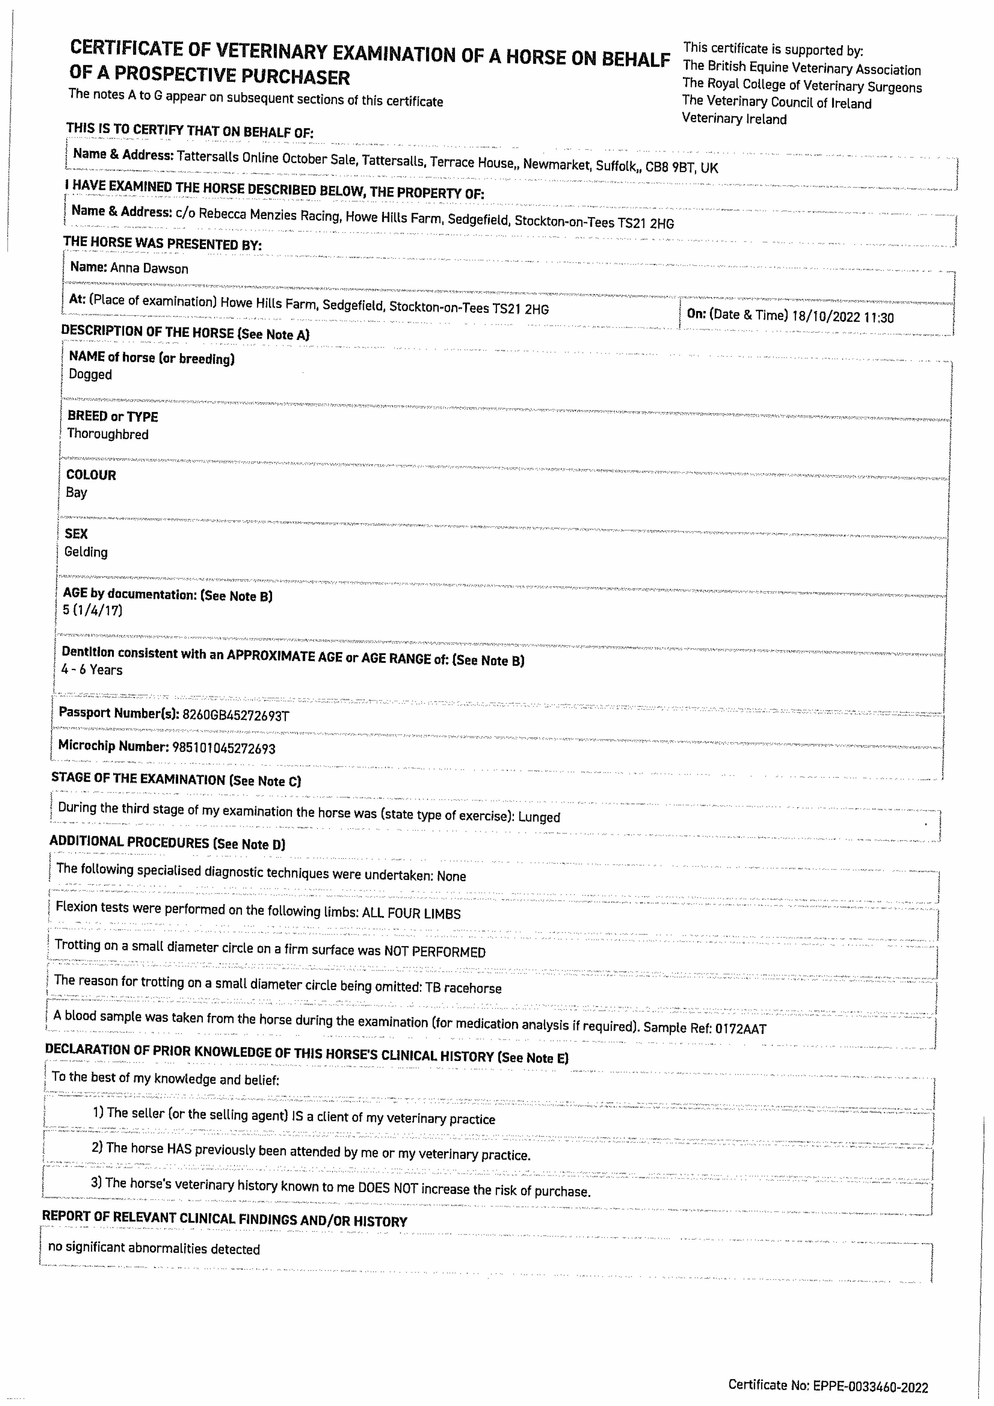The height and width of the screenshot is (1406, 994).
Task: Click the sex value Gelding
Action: tap(86, 552)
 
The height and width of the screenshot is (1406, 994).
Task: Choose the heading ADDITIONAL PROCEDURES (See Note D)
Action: tap(167, 843)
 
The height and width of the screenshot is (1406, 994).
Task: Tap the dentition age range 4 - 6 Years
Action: tap(92, 670)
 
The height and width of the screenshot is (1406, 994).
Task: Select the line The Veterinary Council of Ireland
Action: tap(777, 102)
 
